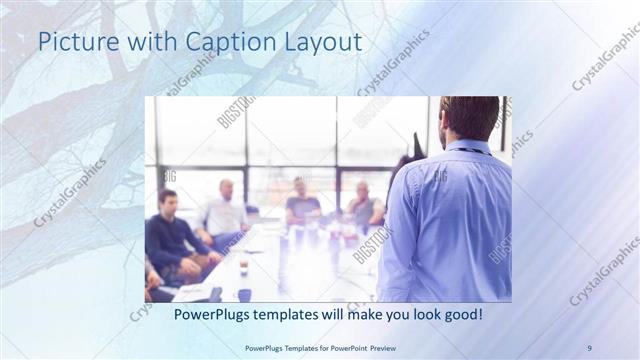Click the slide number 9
click(589, 347)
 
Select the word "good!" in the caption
click(462, 314)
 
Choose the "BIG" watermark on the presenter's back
click(440, 176)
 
